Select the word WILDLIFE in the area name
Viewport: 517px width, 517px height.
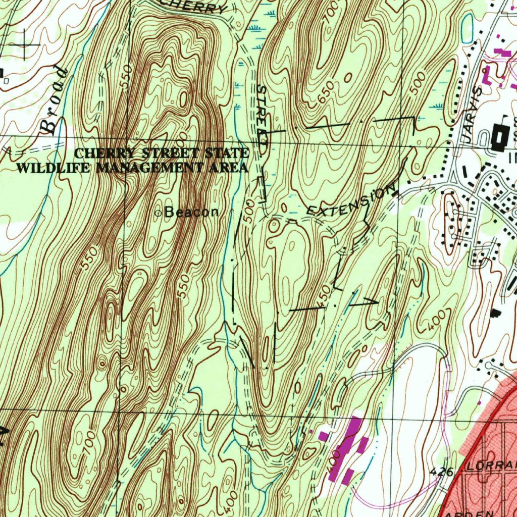coord(54,168)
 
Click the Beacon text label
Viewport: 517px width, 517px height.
coord(192,213)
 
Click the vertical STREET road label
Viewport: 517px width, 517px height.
coord(262,117)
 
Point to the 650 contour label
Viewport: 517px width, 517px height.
coord(326,94)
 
